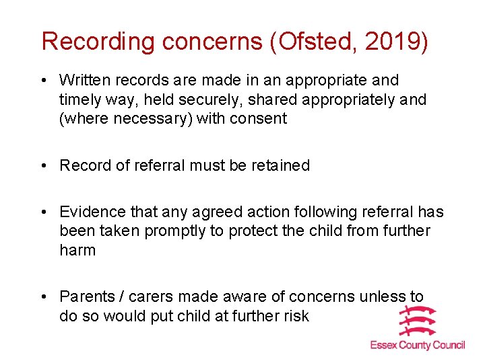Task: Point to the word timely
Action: (x=80, y=99)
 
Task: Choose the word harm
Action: (x=77, y=250)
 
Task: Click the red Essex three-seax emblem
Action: (x=418, y=321)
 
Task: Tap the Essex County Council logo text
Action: (x=418, y=345)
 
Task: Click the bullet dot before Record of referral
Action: (x=44, y=165)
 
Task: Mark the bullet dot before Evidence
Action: (x=44, y=212)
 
